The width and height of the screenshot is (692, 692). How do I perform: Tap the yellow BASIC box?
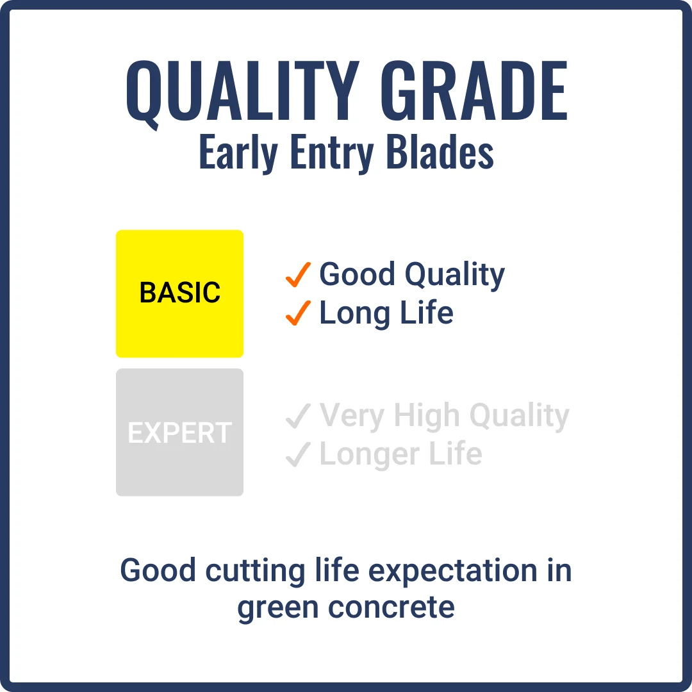pos(179,293)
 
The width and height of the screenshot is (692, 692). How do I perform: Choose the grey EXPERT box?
pos(179,432)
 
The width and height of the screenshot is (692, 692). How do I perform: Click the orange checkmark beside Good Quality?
pos(299,275)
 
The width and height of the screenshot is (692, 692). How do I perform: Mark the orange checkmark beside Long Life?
pos(299,313)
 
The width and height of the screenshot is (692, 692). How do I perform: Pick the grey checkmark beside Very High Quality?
pos(299,416)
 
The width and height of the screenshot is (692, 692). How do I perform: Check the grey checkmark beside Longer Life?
pos(299,454)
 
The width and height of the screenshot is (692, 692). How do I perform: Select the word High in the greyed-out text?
pos(427,416)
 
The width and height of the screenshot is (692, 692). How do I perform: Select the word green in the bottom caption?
pos(278,607)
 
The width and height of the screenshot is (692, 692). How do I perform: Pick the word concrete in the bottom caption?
pos(392,607)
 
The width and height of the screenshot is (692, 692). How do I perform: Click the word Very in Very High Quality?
pos(353,416)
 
